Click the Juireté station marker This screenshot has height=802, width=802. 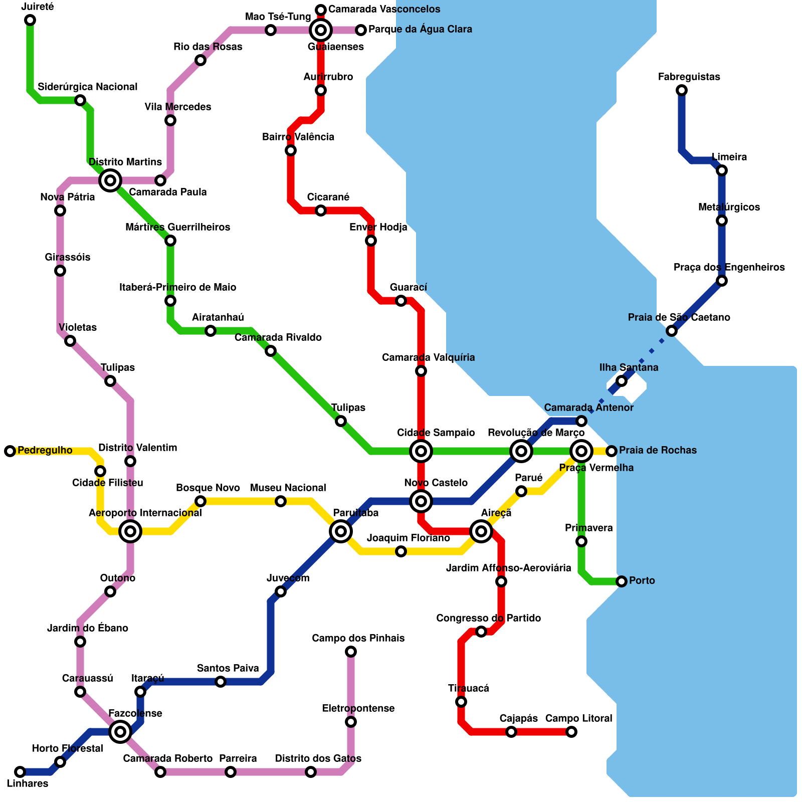tap(30, 20)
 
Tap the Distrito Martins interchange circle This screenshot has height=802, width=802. tap(110, 180)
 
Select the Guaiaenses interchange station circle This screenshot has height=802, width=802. tap(321, 31)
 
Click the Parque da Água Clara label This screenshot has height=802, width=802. tap(420, 30)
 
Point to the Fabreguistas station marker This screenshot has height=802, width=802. tap(682, 90)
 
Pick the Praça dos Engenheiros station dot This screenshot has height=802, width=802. tap(722, 281)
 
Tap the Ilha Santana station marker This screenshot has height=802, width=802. tap(622, 381)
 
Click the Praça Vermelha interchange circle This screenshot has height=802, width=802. tap(581, 451)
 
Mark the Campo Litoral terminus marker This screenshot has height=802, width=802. tap(571, 732)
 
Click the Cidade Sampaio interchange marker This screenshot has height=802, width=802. tap(421, 451)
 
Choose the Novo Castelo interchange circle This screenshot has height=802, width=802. tap(421, 501)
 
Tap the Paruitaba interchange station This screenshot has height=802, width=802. tap(341, 531)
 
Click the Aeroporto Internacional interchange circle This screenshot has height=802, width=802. tap(130, 531)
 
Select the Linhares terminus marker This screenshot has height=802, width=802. tap(20, 772)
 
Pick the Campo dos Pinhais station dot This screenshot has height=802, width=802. tap(351, 652)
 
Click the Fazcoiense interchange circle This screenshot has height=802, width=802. tap(120, 732)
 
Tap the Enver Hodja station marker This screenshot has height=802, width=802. tap(371, 241)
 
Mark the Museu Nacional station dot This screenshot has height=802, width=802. tap(281, 501)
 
